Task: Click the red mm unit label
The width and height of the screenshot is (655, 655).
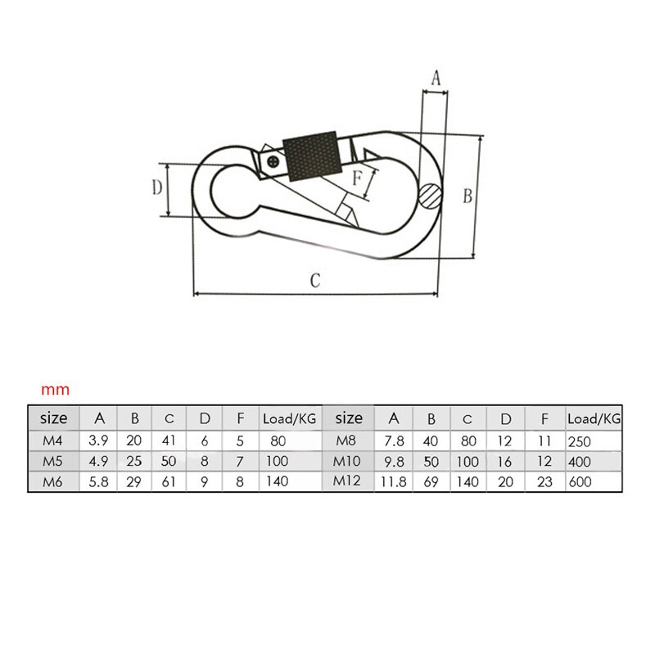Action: point(56,390)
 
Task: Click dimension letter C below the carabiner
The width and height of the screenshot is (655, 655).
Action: point(314,280)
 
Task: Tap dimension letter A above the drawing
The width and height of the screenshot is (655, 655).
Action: point(436,79)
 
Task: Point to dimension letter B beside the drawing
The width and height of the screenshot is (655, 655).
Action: point(468,196)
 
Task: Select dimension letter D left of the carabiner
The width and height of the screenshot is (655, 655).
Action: point(156,188)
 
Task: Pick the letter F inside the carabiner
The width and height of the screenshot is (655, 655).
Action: point(357,178)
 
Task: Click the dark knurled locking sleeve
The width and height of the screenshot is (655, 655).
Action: point(311,156)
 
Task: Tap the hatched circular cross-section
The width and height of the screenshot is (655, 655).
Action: point(429,195)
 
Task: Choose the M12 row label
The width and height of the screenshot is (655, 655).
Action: point(348,481)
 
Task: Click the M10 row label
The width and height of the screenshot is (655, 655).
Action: point(349,461)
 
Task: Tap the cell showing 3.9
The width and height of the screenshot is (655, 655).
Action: point(98,440)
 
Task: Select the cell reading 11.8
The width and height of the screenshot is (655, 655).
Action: point(394,482)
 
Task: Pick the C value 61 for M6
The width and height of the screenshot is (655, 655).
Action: point(169,482)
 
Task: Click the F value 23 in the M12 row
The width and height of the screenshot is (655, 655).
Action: point(544,482)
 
